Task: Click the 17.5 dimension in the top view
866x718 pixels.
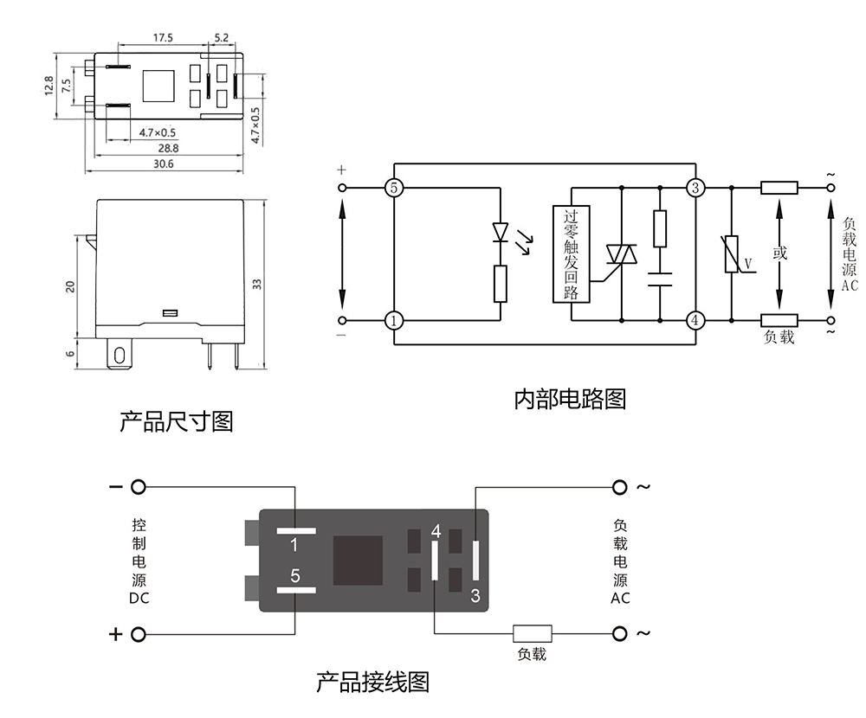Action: point(163,38)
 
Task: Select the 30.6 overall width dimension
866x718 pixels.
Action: point(164,163)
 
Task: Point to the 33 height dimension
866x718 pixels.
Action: point(257,285)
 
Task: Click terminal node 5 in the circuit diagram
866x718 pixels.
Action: point(394,188)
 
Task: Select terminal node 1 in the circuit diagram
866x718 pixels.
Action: point(394,321)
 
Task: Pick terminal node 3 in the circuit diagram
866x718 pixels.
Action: point(695,188)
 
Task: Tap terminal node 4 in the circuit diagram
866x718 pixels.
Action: point(695,321)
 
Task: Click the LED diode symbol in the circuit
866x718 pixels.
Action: point(501,232)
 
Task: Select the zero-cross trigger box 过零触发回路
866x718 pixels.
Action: point(571,254)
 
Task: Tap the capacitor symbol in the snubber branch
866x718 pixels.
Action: point(660,279)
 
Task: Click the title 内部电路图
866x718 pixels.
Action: point(569,400)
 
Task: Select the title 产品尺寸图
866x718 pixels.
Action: point(176,422)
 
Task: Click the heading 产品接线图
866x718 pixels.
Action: point(372,682)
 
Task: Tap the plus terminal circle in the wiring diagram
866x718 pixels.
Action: point(138,636)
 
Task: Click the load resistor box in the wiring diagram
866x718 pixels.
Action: point(533,635)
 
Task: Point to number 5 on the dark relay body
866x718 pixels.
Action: point(295,574)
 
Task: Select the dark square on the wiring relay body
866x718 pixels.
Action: point(358,561)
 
